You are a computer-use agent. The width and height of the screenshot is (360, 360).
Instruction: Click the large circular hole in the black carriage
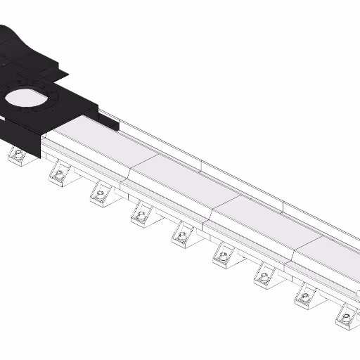[28, 101]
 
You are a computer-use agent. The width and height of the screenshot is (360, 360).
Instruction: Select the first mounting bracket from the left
[18, 157]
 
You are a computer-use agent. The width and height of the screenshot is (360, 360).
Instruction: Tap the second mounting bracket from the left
[60, 174]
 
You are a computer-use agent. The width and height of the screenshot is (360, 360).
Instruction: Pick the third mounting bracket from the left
[101, 193]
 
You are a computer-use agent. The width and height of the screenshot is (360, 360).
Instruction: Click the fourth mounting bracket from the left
[141, 214]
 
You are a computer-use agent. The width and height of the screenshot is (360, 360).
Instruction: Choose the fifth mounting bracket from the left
[182, 236]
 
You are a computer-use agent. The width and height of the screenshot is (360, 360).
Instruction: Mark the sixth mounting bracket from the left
[223, 257]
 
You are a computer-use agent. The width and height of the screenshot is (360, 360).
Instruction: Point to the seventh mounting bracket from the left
[264, 276]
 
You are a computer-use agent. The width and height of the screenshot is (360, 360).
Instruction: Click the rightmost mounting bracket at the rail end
[347, 318]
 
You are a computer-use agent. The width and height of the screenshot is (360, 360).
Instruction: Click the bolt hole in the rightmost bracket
[348, 316]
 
